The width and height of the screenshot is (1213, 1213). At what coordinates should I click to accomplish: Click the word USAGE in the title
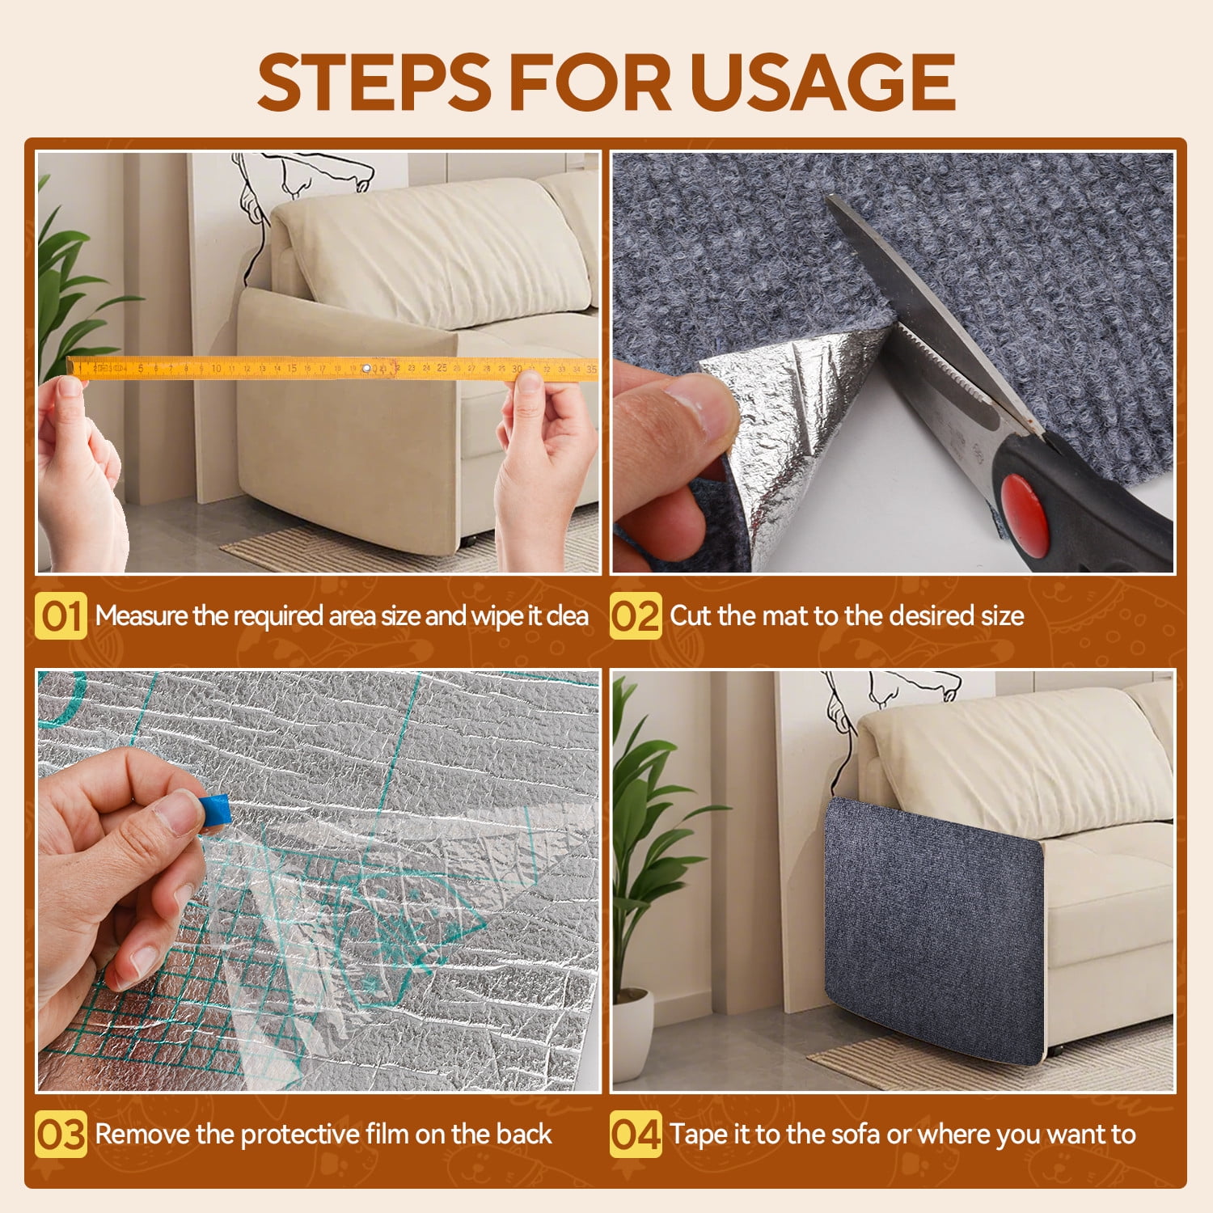(x=822, y=82)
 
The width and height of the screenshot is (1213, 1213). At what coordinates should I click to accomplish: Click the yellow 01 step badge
(x=61, y=616)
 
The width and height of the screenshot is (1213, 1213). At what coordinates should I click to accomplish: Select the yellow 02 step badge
(x=636, y=616)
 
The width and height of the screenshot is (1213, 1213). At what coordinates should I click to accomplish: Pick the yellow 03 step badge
(x=61, y=1134)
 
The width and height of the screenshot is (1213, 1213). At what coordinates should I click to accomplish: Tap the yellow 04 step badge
(x=636, y=1134)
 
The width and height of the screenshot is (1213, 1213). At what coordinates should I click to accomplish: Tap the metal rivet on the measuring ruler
(x=366, y=369)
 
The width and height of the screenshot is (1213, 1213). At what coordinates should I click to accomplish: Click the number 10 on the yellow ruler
(x=216, y=369)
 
